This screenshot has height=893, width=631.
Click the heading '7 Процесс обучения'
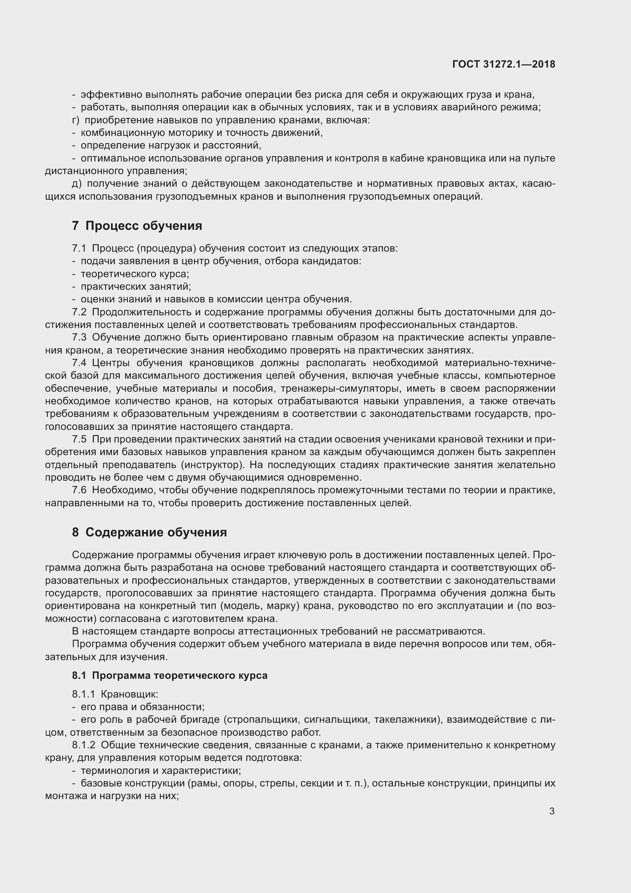coord(137,226)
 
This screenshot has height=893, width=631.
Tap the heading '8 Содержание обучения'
coord(149,532)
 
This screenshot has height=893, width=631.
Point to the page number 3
coord(552,811)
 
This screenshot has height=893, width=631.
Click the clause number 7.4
coord(79,363)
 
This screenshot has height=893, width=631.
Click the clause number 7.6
coord(79,491)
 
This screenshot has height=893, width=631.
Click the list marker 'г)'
coord(76,120)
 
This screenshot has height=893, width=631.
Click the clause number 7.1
coord(79,248)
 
